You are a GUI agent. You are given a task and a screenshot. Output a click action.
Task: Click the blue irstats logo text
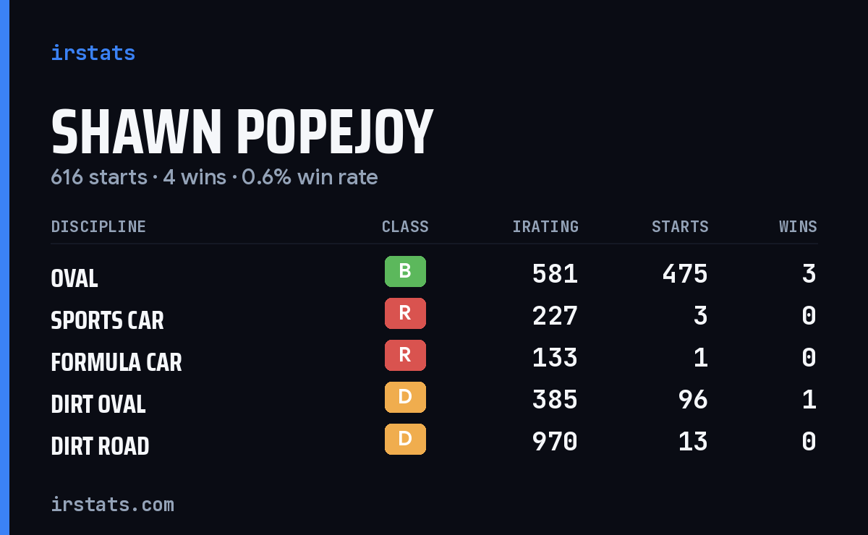pos(93,53)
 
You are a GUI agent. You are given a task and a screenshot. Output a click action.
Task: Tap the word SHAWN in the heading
pos(137,132)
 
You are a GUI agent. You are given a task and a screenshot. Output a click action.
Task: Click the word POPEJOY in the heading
pos(335,132)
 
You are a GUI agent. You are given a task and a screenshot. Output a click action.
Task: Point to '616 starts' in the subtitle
pos(99,177)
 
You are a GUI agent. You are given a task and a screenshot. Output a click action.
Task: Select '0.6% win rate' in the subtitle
pos(310,177)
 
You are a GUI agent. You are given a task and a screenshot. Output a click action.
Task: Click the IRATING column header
pos(545,226)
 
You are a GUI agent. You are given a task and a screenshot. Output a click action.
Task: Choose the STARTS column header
pos(680,226)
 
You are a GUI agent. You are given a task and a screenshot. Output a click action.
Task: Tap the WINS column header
pos(799,226)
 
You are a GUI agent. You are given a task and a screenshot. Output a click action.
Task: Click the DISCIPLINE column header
pos(98,226)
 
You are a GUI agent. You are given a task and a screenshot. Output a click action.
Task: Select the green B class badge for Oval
pos(405,271)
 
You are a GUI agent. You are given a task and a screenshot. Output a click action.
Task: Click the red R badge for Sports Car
pos(405,313)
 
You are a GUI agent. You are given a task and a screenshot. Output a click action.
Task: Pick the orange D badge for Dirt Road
pos(405,439)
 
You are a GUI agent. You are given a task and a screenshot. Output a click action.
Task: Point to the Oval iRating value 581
pos(555,274)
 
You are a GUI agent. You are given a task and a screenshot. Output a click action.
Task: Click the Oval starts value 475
pos(685,274)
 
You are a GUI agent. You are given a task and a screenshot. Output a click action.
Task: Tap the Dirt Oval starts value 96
pos(693,400)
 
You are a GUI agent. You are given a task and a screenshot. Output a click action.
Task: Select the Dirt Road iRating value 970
pos(555,442)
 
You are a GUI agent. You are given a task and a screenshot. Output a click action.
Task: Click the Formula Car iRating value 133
pos(555,358)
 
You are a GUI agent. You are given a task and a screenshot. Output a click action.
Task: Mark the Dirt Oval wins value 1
pos(809,400)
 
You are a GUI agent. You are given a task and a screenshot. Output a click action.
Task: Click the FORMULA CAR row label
pos(116,362)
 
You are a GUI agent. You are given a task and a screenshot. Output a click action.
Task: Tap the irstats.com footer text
pos(113,505)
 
